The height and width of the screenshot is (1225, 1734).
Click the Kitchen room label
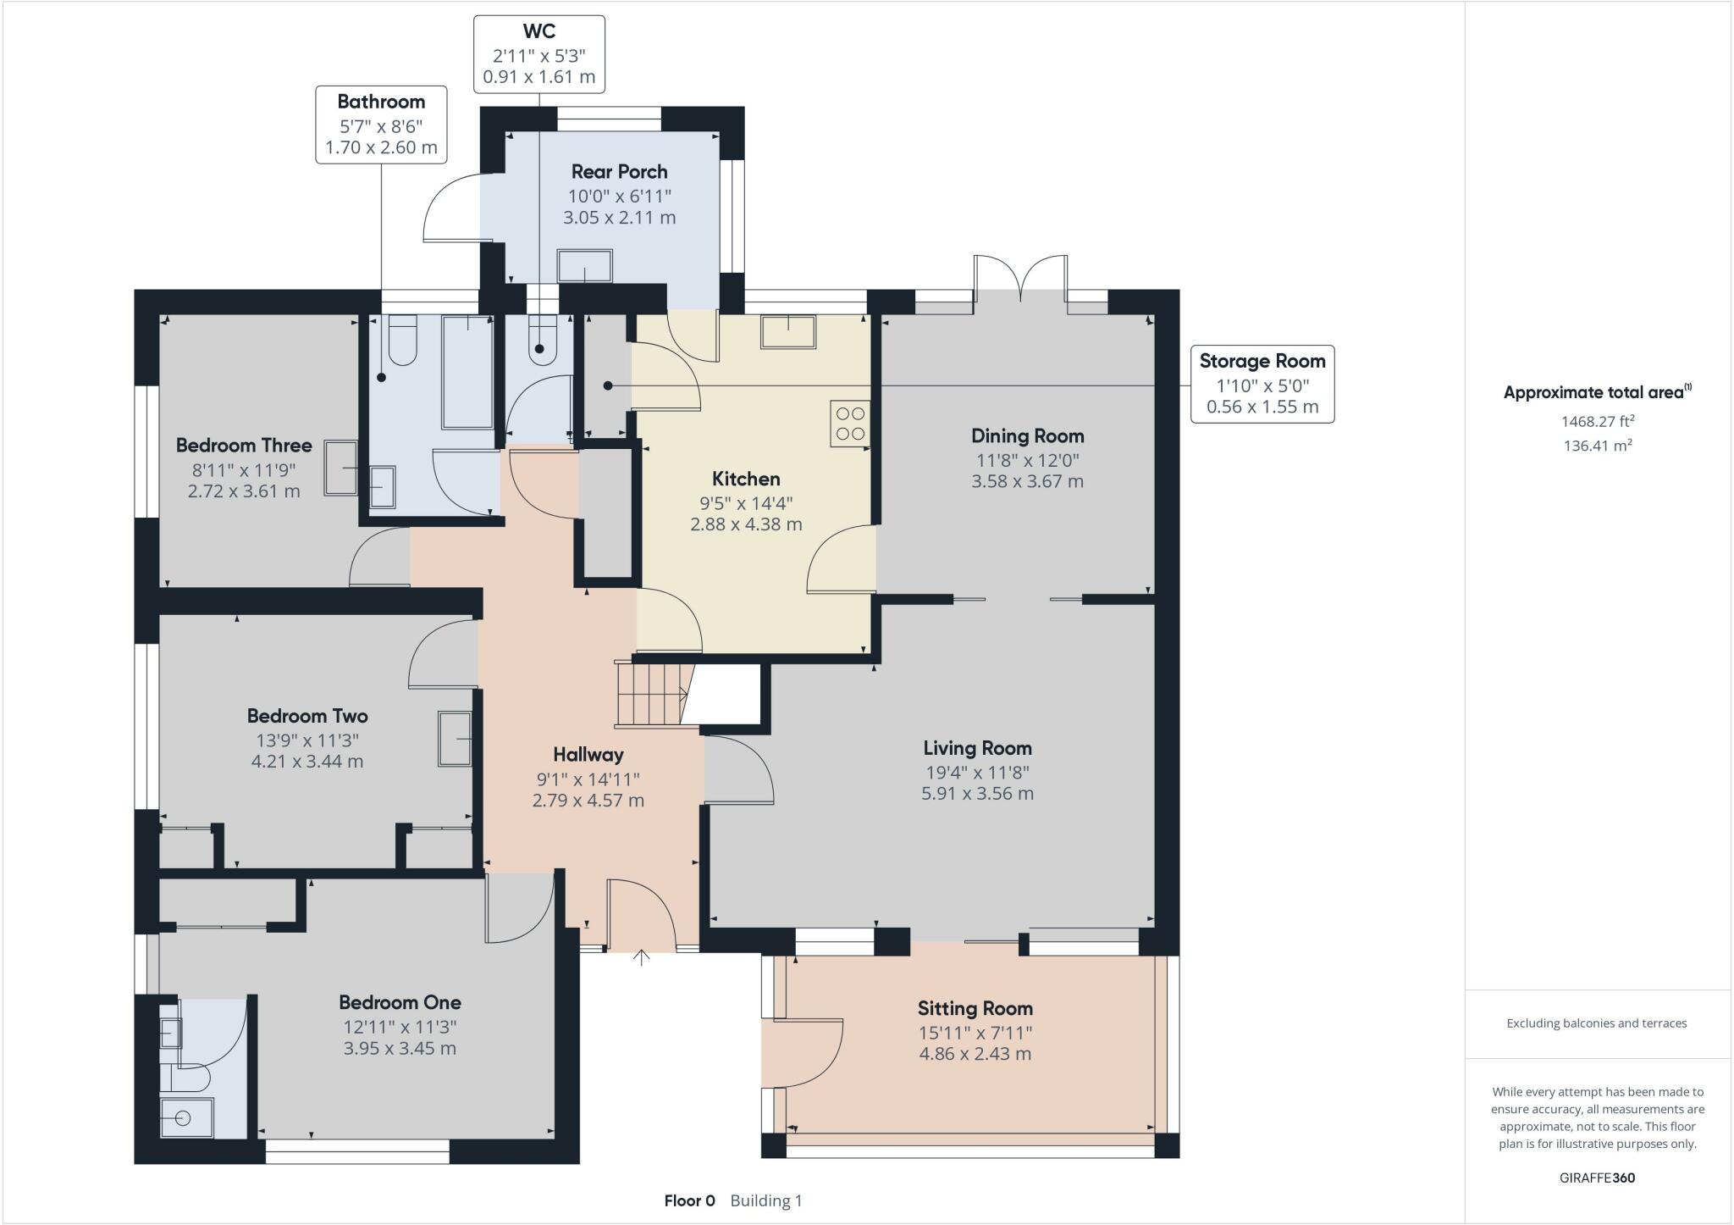pos(746,479)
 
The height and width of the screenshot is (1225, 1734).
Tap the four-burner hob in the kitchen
pos(850,424)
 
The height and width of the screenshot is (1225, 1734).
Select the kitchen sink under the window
pos(788,331)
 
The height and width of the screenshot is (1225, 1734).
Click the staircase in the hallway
pos(649,694)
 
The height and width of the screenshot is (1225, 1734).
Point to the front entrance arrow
pos(642,957)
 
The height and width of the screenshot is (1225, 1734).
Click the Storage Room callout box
pos(1262,384)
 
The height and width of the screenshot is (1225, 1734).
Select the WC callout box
pos(539,54)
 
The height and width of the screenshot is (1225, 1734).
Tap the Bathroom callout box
pos(381,125)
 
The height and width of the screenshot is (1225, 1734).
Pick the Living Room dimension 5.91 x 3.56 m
pos(977,794)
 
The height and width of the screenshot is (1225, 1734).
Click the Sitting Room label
pos(975,1008)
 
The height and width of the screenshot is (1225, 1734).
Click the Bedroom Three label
pos(244,446)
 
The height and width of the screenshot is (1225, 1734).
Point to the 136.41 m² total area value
pos(1597,446)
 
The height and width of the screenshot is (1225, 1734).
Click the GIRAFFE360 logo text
pos(1597,1178)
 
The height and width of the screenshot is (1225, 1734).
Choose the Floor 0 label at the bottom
pos(689,1200)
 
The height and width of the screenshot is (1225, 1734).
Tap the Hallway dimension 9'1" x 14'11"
pos(588,779)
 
